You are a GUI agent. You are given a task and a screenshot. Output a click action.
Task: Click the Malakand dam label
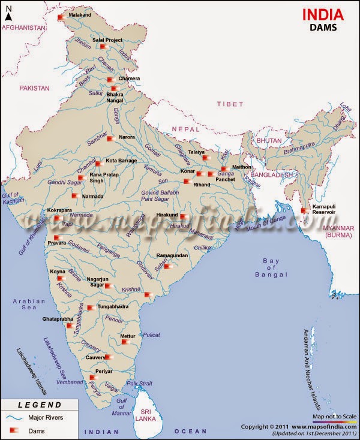[80, 14]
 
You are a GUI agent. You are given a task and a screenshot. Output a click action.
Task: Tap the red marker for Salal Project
[103, 47]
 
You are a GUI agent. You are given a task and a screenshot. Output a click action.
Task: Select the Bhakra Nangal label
[115, 98]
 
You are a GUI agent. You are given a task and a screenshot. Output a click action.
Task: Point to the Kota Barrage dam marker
[98, 163]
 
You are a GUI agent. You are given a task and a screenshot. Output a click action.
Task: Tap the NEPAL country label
[184, 129]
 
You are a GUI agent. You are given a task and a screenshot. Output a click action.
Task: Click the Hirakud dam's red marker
[184, 216]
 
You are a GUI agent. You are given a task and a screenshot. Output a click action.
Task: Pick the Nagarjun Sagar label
[100, 282]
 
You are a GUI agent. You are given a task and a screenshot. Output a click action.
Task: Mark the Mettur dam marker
[125, 342]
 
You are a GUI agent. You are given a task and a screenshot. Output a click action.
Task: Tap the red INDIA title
[322, 14]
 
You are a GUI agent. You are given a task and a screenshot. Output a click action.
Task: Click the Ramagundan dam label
[172, 255]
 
